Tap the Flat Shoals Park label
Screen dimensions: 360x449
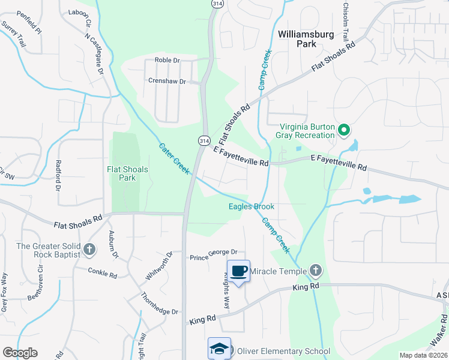127,174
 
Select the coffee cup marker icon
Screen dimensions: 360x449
238,271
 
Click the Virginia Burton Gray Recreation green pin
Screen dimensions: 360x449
343,130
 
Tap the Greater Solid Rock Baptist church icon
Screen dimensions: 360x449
89,249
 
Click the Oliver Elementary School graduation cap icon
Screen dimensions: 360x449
219,349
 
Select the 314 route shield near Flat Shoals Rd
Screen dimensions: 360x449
205,140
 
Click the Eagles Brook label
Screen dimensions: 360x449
252,206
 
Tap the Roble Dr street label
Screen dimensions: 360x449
167,60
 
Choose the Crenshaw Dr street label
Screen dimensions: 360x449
167,81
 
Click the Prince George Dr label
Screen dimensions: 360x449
214,255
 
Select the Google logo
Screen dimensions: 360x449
20,353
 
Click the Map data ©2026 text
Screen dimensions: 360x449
423,355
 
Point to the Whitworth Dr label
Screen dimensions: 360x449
159,266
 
